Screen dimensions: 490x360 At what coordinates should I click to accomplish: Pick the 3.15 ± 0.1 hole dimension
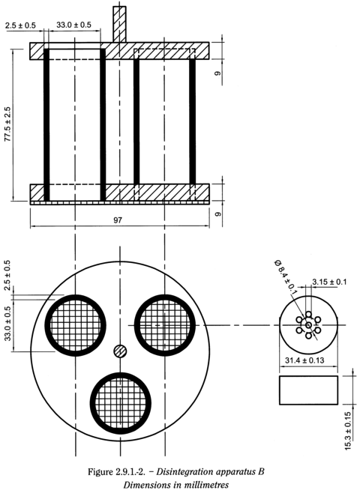pos(330,282)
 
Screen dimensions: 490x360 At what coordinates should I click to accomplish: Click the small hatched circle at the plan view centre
pos(119,351)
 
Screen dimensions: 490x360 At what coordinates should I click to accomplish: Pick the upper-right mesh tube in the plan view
pos(165,325)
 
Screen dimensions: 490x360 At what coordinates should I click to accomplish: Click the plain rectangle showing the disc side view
pos(308,389)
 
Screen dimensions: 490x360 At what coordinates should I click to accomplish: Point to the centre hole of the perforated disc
pos(308,324)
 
